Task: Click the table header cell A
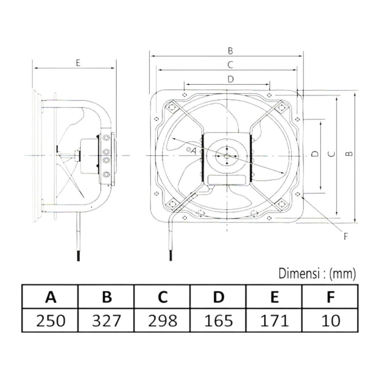coord(50,297)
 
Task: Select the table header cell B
coord(107,297)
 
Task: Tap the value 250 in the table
coord(50,320)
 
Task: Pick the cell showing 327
coord(107,320)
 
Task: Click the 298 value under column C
coord(162,320)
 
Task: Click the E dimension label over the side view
coord(78,63)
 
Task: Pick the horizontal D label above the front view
coord(230,79)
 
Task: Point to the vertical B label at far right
coord(350,155)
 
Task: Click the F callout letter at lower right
coord(345,236)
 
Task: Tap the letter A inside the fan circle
coord(193,150)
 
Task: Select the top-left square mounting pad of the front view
coord(170,105)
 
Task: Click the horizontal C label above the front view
coord(230,65)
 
